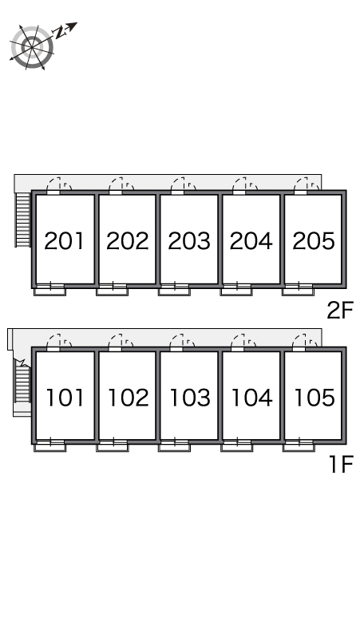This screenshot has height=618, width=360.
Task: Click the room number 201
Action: click(x=64, y=241)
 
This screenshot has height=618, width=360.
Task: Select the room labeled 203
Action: click(x=189, y=241)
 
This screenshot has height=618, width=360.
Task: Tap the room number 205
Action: click(x=314, y=241)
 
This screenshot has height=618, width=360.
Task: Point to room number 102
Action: click(x=128, y=398)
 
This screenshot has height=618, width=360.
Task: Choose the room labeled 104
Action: click(x=252, y=398)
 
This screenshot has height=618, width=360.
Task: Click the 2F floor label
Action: click(x=340, y=310)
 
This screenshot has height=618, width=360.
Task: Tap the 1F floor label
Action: click(x=341, y=464)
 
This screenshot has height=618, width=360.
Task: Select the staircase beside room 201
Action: click(x=23, y=220)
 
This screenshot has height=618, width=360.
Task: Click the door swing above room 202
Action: click(x=121, y=185)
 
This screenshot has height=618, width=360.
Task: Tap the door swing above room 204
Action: click(x=244, y=185)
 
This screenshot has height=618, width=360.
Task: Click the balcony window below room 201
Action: click(x=49, y=289)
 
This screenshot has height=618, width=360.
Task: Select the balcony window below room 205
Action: click(x=299, y=289)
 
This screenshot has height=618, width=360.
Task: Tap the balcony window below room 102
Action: click(x=113, y=445)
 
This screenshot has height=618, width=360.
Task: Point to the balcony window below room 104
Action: click(x=237, y=445)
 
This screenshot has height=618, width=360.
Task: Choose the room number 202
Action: click(x=127, y=241)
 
